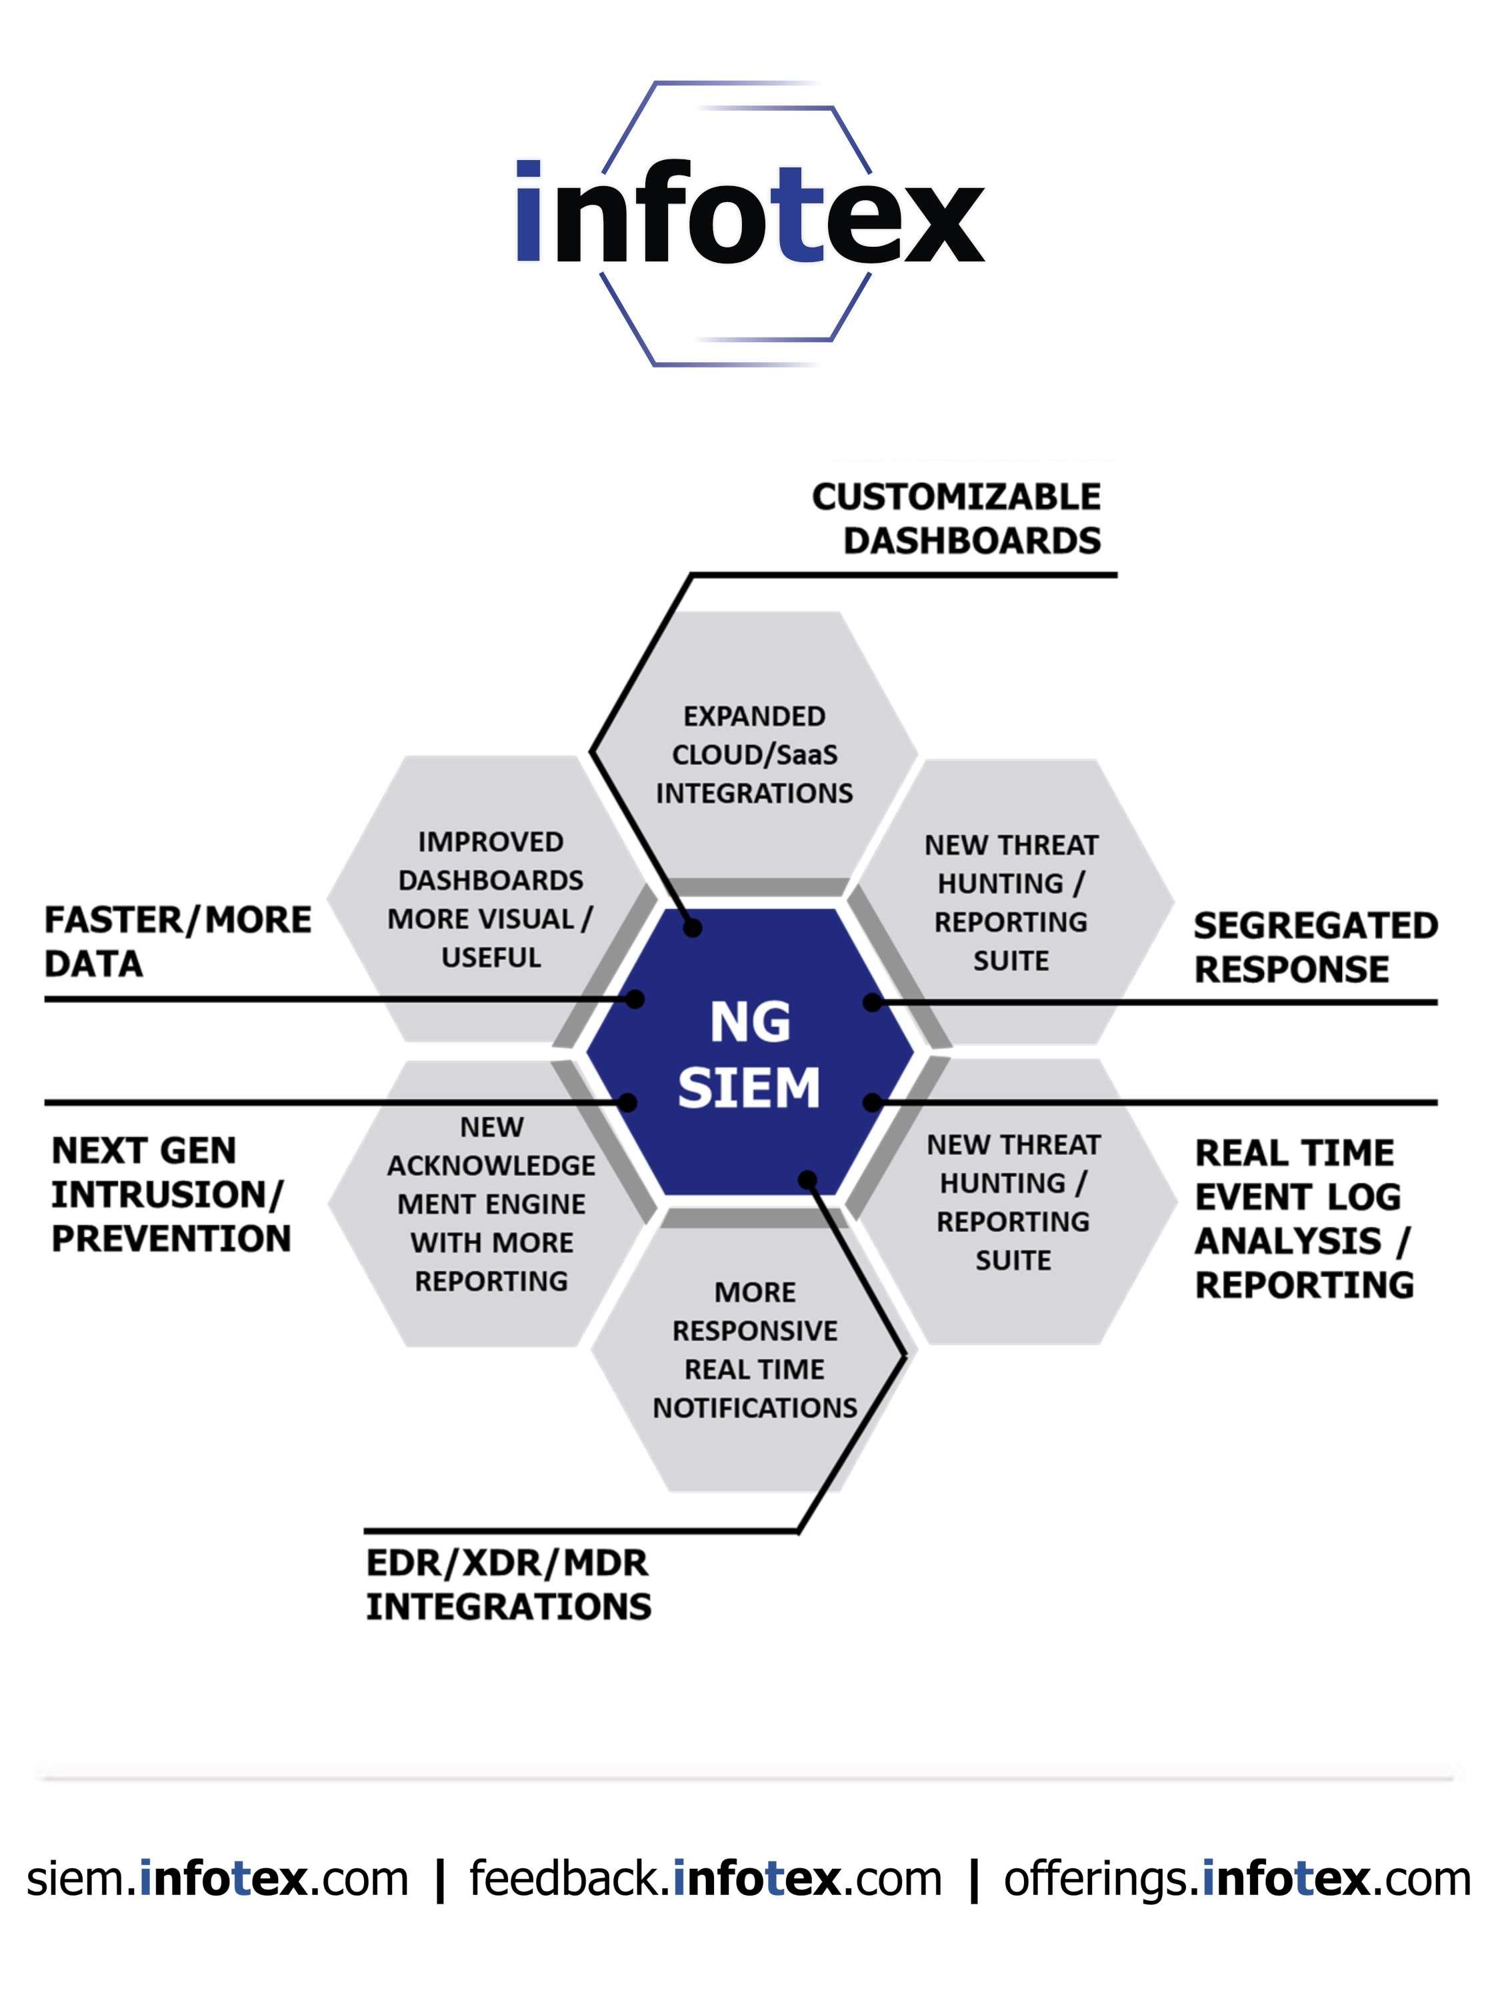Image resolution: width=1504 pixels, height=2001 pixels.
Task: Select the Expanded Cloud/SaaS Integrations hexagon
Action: tap(753, 754)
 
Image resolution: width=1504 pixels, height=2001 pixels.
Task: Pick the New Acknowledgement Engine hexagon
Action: tap(491, 1204)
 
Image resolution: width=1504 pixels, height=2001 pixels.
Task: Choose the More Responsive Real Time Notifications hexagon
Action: tap(754, 1350)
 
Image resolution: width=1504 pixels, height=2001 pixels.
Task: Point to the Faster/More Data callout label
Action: tap(177, 940)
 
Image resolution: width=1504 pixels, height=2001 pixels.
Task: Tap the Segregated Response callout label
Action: tap(1314, 946)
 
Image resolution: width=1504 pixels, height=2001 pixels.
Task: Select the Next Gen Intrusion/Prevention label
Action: tap(170, 1194)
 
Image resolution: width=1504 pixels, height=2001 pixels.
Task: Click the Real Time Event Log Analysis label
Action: tap(1303, 1219)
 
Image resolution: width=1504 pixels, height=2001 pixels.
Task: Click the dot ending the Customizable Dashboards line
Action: tap(693, 927)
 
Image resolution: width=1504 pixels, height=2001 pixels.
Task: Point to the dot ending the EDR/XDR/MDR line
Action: tap(807, 1180)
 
